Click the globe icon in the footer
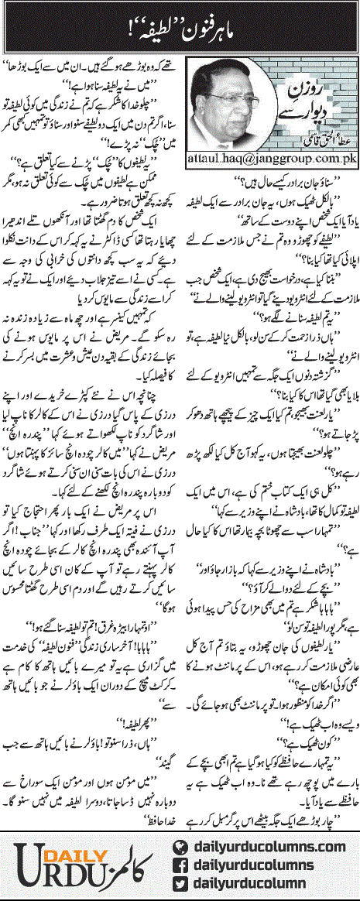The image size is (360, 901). pyautogui.click(x=183, y=826)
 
